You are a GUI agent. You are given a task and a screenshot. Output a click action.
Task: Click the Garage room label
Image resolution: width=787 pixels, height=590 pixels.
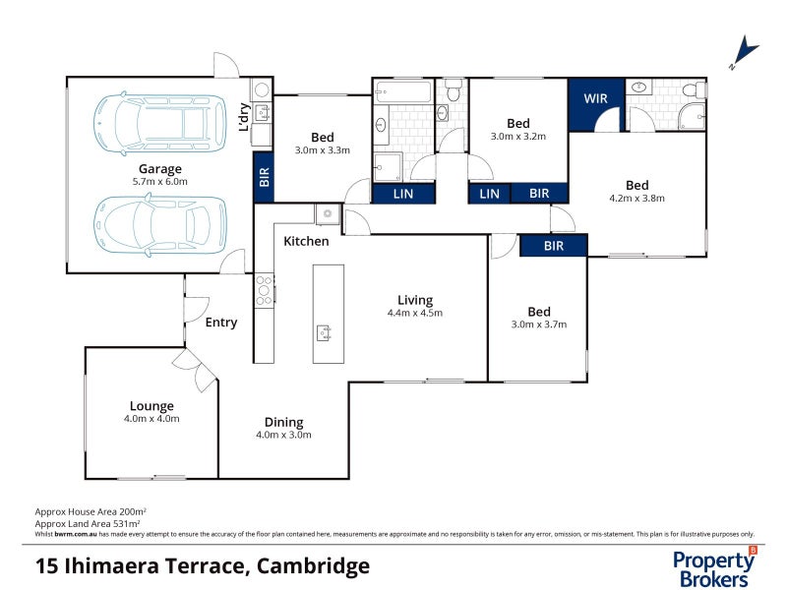(x=159, y=168)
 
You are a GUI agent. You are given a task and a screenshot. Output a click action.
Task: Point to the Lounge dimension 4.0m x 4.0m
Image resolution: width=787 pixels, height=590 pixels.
(x=151, y=419)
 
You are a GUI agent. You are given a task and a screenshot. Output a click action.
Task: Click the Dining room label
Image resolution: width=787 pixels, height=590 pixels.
(x=283, y=422)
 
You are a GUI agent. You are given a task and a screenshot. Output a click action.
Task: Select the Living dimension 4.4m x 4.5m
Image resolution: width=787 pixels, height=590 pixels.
(x=415, y=314)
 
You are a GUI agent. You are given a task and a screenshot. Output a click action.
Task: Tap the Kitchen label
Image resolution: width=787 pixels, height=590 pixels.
(x=306, y=241)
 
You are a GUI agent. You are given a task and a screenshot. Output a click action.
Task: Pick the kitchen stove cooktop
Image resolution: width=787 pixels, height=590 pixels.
(x=264, y=289)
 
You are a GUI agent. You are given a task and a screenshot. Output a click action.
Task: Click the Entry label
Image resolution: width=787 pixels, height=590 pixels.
(x=220, y=323)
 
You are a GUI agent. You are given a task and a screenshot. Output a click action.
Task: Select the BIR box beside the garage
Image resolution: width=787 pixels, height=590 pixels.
(x=264, y=176)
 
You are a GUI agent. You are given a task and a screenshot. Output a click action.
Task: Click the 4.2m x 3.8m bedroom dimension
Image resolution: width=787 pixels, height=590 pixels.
(x=636, y=198)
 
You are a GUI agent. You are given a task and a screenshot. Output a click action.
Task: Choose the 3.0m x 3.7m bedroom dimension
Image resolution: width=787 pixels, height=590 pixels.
(x=538, y=324)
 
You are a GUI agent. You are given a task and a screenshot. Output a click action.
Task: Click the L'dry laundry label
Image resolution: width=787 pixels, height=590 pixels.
(x=244, y=117)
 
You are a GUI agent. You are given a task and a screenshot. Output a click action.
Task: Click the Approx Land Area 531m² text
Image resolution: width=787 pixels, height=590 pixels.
(x=91, y=523)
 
